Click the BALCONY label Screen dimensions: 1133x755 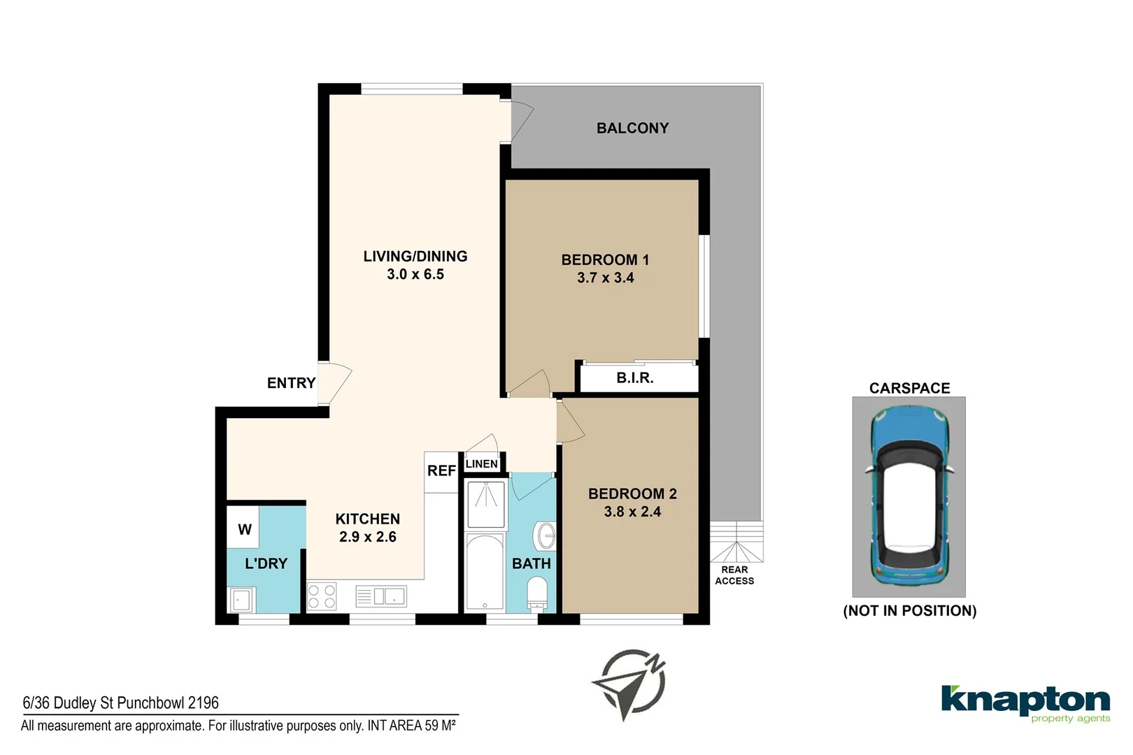click(632, 128)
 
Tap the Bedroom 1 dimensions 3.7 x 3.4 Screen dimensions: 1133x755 click(606, 278)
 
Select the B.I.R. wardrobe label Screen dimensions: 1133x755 click(635, 377)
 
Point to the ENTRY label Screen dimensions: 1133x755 click(292, 383)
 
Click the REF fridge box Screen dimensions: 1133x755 click(441, 473)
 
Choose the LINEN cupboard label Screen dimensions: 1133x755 click(481, 463)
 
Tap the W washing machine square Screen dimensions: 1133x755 click(243, 527)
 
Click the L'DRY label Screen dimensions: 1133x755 click(266, 563)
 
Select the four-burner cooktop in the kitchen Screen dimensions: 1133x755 click(322, 596)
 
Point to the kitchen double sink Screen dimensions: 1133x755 click(381, 596)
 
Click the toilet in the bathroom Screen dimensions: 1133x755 click(536, 595)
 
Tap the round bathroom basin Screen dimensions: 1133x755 click(545, 535)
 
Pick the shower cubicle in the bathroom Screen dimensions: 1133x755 click(486, 505)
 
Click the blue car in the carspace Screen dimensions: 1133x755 click(909, 496)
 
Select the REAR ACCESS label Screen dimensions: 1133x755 click(734, 575)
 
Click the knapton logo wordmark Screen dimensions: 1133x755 click(1025, 700)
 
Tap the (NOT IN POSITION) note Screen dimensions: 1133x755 click(909, 610)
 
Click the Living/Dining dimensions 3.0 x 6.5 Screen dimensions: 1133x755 click(415, 274)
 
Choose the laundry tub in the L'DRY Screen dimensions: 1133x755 click(242, 600)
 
